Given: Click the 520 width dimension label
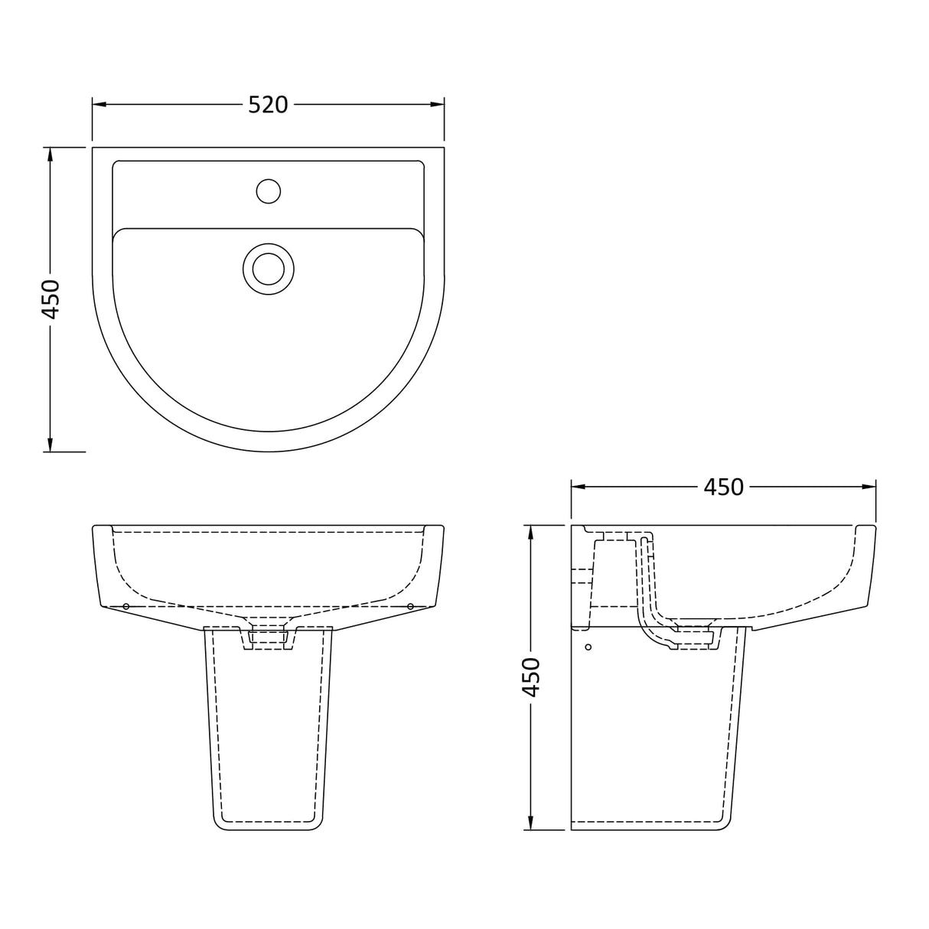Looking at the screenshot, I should (x=268, y=104).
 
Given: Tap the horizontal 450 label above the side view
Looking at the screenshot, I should (x=722, y=487).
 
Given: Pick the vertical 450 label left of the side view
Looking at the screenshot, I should (x=530, y=676).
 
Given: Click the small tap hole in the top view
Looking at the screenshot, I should (x=268, y=191).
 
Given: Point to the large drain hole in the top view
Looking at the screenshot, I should (x=268, y=269).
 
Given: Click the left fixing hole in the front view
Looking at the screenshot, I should (x=125, y=606).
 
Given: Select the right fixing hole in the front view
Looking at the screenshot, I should (x=410, y=606).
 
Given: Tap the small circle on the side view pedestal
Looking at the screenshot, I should (x=588, y=647).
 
